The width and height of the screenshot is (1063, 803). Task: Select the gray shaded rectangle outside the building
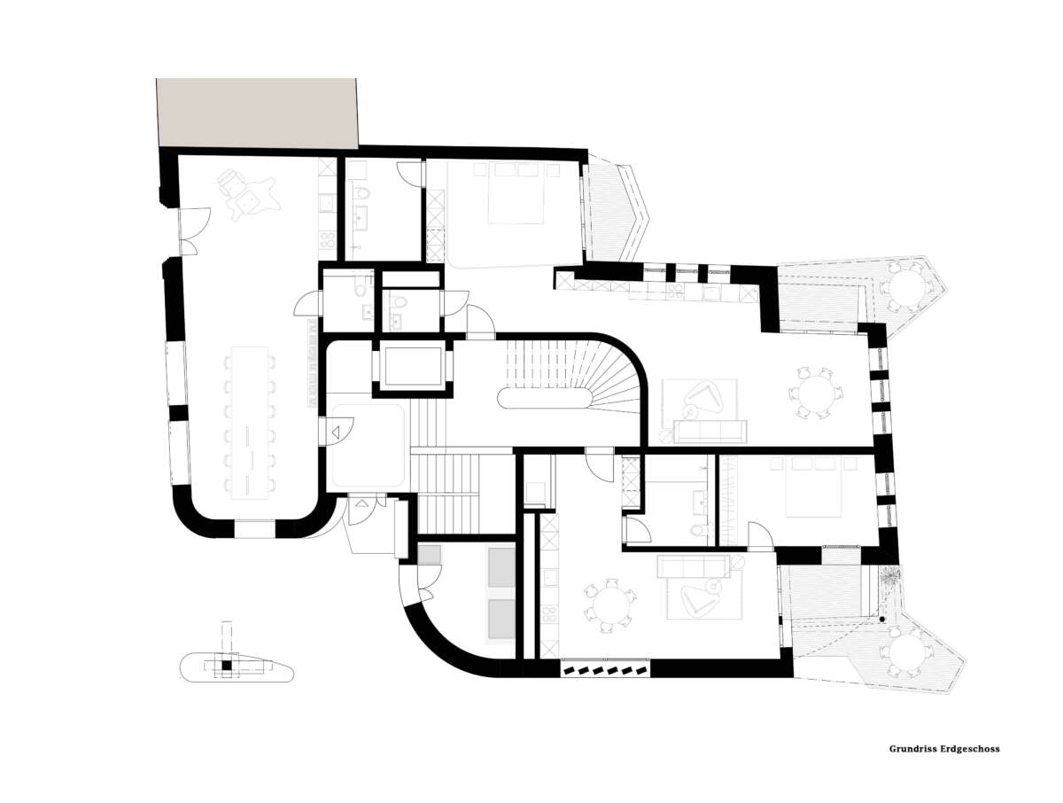click(x=256, y=113)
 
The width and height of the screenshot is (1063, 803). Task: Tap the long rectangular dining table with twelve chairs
click(x=250, y=422)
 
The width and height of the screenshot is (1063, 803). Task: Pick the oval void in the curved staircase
click(x=542, y=398)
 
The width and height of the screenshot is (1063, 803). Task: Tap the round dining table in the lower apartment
click(x=608, y=605)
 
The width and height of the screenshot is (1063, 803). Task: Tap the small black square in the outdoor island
click(x=226, y=665)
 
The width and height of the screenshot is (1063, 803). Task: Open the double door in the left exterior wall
click(x=193, y=230)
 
